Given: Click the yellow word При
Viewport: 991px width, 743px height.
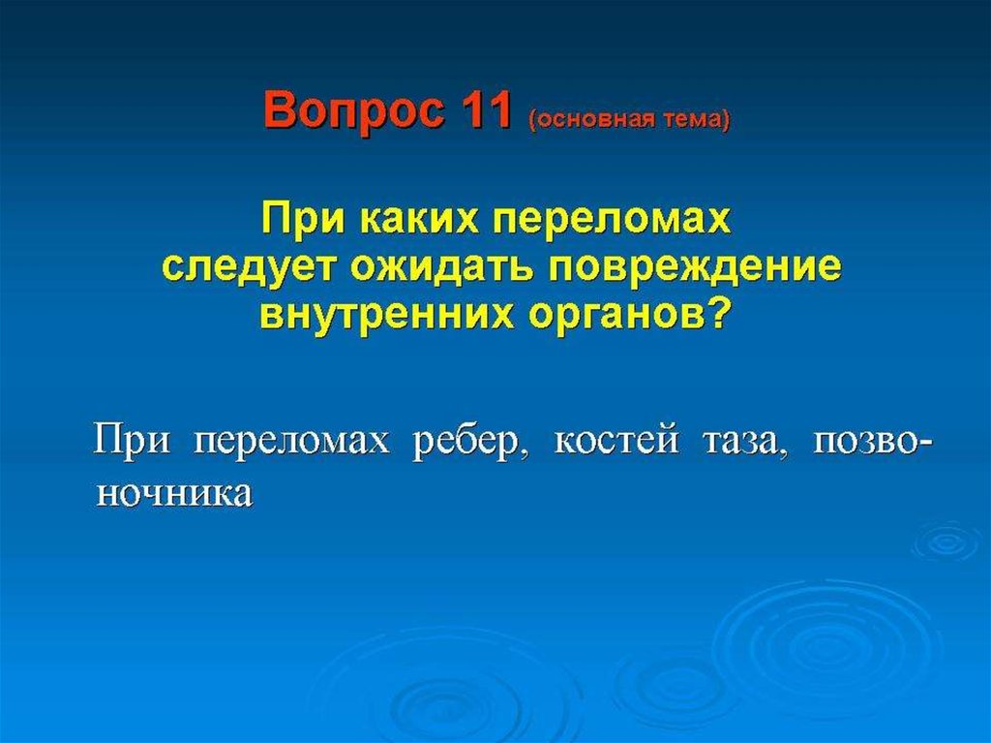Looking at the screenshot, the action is point(303,220).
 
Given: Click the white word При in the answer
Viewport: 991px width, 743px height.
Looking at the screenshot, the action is point(132,439).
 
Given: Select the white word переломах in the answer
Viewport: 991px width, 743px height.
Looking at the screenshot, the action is point(291,439).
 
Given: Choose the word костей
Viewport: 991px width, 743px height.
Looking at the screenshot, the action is point(616,439).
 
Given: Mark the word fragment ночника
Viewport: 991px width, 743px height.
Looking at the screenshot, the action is point(174,493).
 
